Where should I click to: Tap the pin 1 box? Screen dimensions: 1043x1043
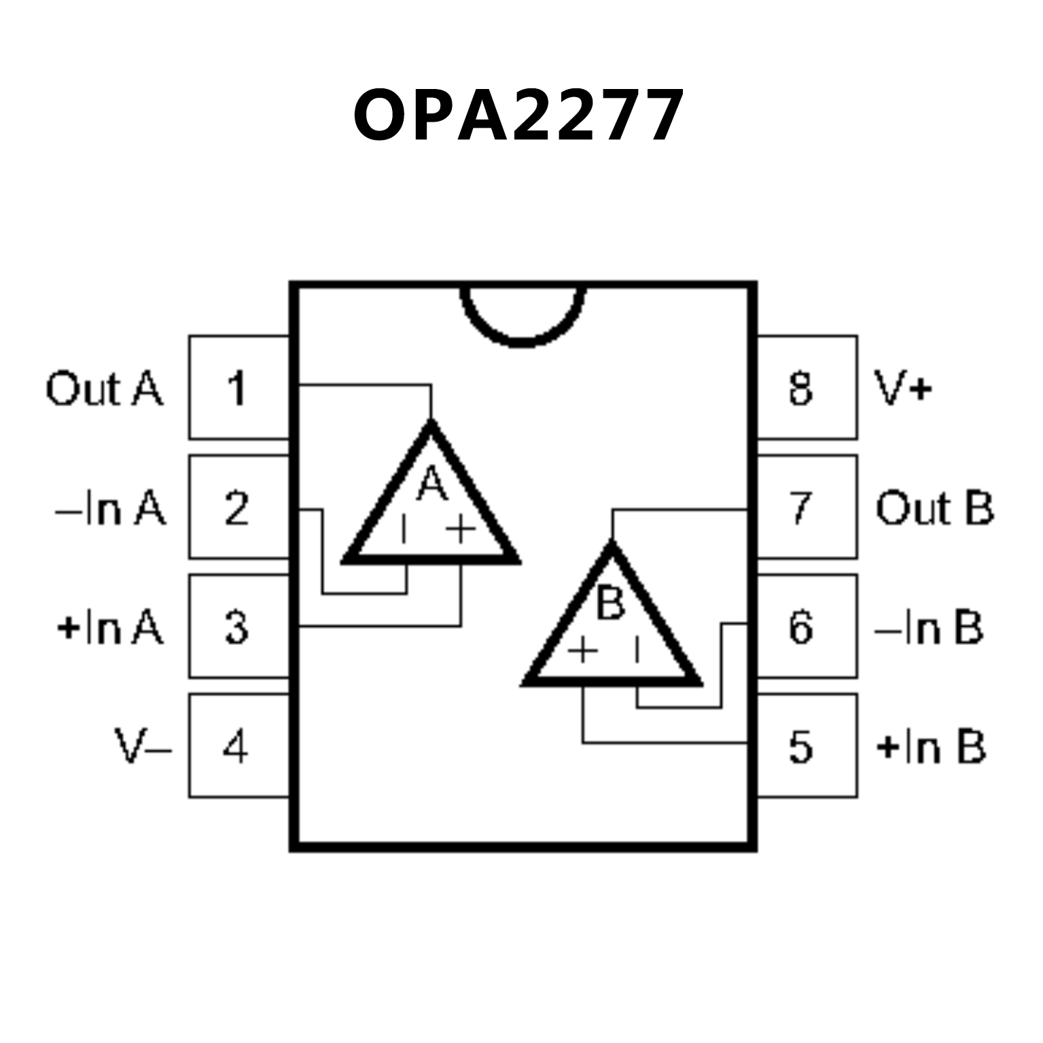238,388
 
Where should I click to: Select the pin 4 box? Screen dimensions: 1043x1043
238,745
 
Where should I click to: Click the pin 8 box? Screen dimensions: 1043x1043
806,388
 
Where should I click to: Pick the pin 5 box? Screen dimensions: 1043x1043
806,745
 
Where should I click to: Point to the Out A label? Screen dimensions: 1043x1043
105,389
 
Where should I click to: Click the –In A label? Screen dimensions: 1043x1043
110,508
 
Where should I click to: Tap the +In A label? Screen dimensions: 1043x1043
110,627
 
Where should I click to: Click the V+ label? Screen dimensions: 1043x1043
902,389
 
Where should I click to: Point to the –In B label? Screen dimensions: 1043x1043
929,627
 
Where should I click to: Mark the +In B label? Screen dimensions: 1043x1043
931,747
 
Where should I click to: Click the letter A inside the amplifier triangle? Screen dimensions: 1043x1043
432,484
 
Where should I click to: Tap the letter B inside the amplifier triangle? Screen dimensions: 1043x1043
609,603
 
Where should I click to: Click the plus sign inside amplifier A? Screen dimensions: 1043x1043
461,529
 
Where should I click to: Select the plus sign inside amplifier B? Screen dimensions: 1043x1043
583,650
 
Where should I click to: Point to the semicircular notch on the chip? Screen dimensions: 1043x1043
522,316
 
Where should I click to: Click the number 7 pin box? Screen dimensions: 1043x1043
806,508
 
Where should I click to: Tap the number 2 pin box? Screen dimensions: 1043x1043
238,508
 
